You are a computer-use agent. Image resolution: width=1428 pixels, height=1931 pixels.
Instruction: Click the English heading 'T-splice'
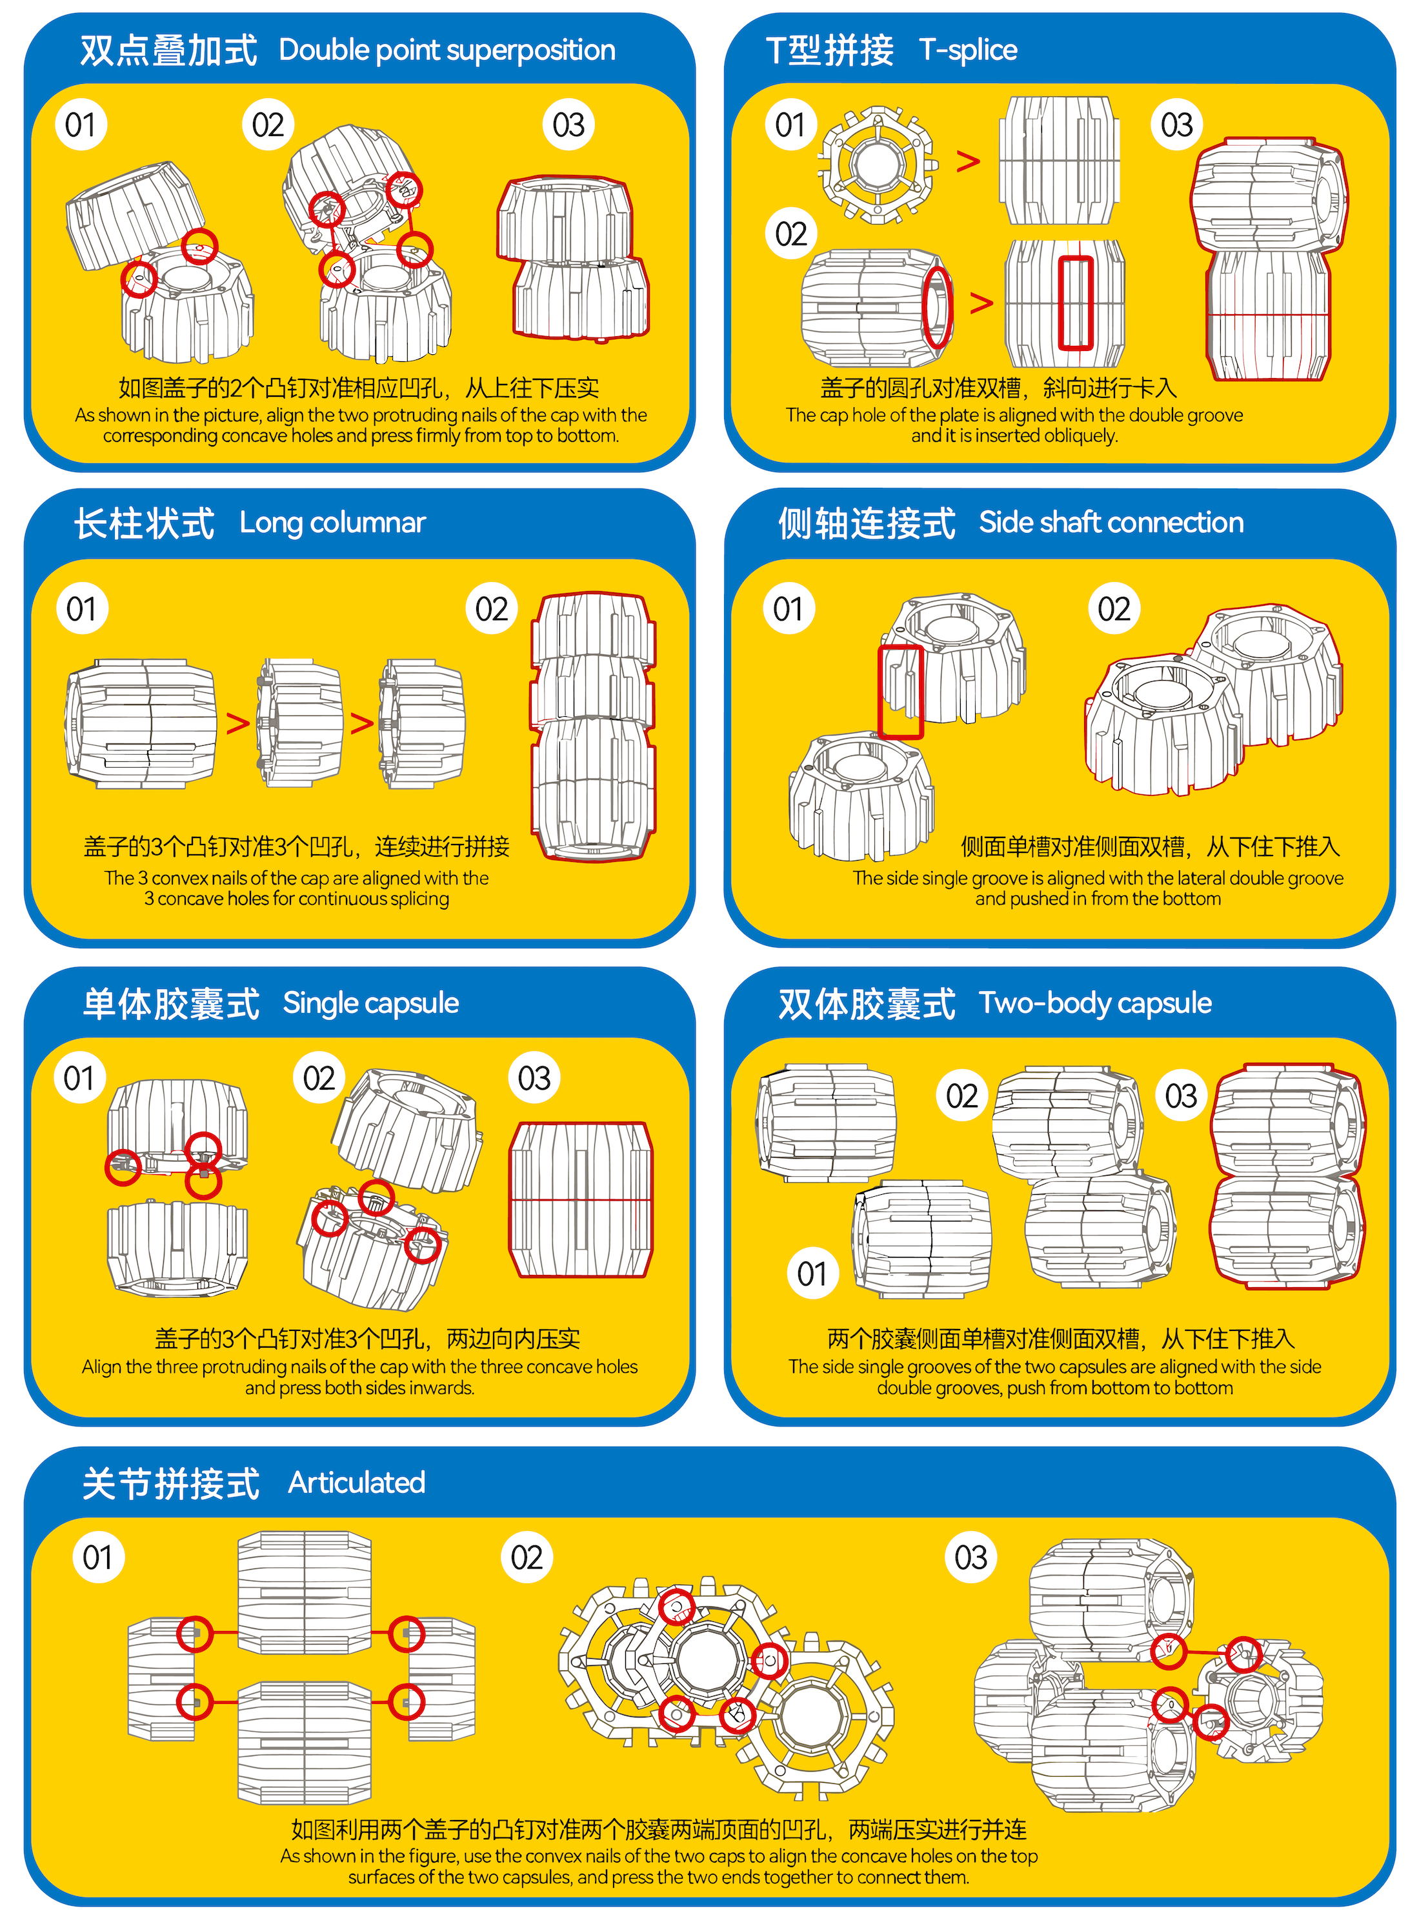tap(968, 50)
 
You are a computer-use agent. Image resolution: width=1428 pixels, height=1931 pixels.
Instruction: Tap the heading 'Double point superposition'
tap(447, 50)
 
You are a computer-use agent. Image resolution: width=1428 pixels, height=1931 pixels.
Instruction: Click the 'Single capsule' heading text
tap(371, 1003)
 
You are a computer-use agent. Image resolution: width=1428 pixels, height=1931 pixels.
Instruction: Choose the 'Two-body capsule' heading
tap(1095, 1003)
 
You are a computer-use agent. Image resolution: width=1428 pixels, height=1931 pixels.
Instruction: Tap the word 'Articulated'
tap(356, 1483)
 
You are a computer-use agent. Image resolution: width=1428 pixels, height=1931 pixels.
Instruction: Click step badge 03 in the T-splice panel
tap(1176, 125)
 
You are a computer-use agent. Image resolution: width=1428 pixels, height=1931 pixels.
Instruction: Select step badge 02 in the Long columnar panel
tap(492, 610)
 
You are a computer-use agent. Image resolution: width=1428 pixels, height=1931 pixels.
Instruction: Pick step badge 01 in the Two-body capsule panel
tap(812, 1273)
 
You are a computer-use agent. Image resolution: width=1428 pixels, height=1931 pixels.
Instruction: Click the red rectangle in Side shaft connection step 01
tap(901, 692)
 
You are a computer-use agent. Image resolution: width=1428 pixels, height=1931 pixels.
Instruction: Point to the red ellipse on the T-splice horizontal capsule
tap(938, 307)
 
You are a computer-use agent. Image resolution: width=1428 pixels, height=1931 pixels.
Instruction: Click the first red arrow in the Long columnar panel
tap(237, 723)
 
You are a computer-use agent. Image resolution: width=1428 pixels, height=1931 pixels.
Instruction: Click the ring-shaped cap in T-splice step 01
tap(878, 165)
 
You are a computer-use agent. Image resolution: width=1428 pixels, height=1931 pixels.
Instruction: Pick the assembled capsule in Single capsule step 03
tap(581, 1200)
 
